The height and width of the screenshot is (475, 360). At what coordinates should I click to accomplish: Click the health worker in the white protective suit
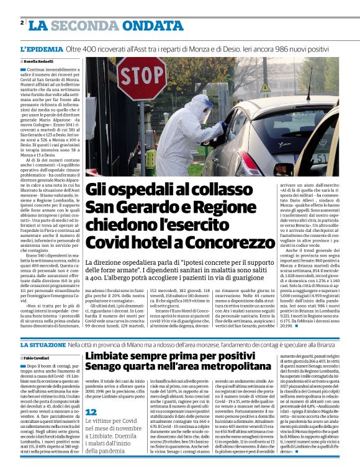point(198,133)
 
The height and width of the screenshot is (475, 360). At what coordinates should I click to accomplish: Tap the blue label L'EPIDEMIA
point(42,48)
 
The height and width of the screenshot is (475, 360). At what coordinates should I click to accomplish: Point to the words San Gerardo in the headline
point(125,207)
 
